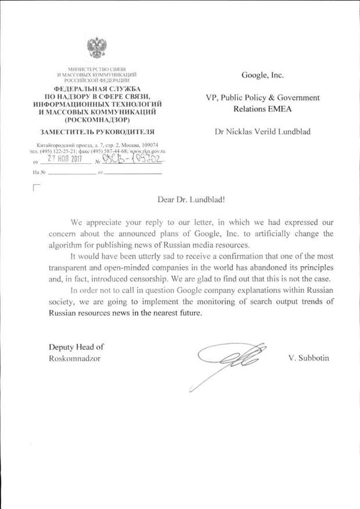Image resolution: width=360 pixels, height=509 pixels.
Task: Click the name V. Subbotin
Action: pyautogui.click(x=308, y=358)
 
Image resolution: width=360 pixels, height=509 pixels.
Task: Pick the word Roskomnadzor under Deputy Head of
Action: pyautogui.click(x=74, y=358)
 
